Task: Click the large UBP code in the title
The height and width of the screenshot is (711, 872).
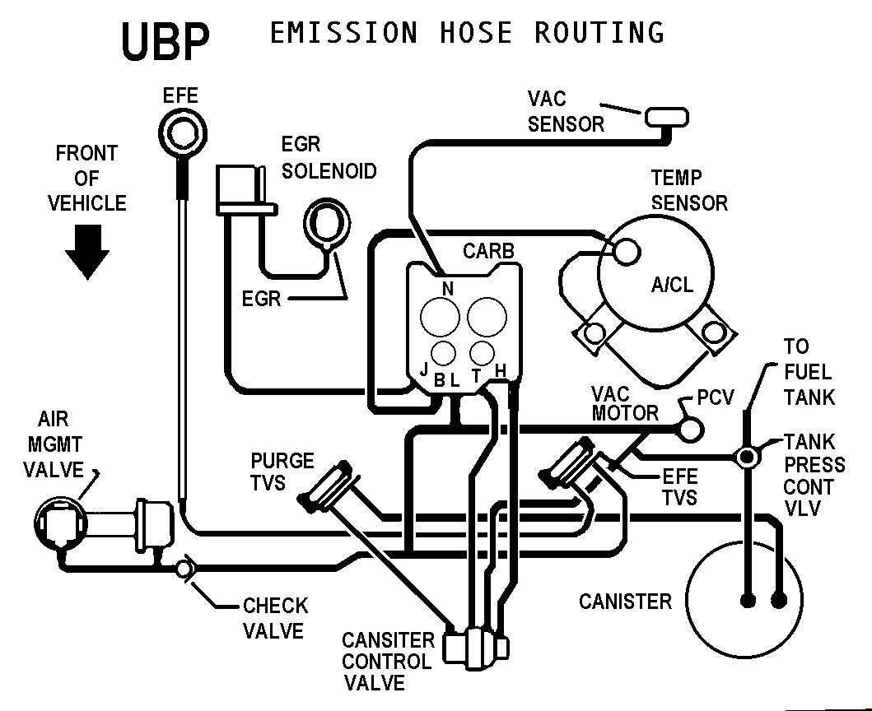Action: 165,40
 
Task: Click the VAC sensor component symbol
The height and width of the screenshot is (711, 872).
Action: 666,118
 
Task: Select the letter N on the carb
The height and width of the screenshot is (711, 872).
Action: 449,288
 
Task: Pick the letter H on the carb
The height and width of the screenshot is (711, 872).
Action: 501,372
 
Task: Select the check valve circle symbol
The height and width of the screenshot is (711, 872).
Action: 184,568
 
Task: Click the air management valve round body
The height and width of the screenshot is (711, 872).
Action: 58,521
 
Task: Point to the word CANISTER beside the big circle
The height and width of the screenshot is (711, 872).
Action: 625,602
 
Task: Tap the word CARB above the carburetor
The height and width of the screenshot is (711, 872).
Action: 489,250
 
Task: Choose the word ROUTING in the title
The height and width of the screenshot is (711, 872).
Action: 599,33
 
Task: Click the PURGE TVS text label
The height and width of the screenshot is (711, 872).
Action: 282,471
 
